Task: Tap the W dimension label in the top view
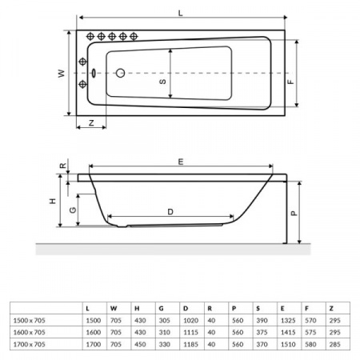(x=60, y=73)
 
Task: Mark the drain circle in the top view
(x=121, y=73)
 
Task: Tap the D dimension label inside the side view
(x=170, y=211)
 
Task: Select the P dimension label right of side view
(x=293, y=214)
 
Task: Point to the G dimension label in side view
(x=73, y=210)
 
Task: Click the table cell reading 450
(x=140, y=346)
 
